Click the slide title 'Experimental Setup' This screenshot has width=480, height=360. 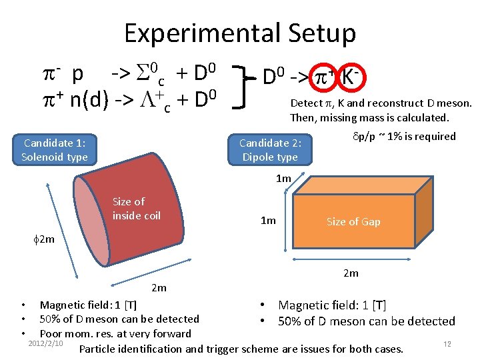(x=240, y=33)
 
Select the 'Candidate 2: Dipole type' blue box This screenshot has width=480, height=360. (x=270, y=149)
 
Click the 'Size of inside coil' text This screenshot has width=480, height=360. (x=136, y=208)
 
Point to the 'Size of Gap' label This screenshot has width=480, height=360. (x=353, y=222)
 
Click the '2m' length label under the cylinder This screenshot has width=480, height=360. (x=159, y=288)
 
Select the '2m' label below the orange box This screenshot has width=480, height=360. (x=351, y=273)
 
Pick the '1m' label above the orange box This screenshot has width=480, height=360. (x=284, y=178)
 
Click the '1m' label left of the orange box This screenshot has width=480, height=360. (x=268, y=221)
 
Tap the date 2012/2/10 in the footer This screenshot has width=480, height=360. (x=46, y=343)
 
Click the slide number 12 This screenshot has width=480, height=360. (x=447, y=343)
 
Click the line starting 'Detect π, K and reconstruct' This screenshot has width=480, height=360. (x=381, y=103)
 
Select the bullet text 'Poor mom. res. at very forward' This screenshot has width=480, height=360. (x=115, y=333)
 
